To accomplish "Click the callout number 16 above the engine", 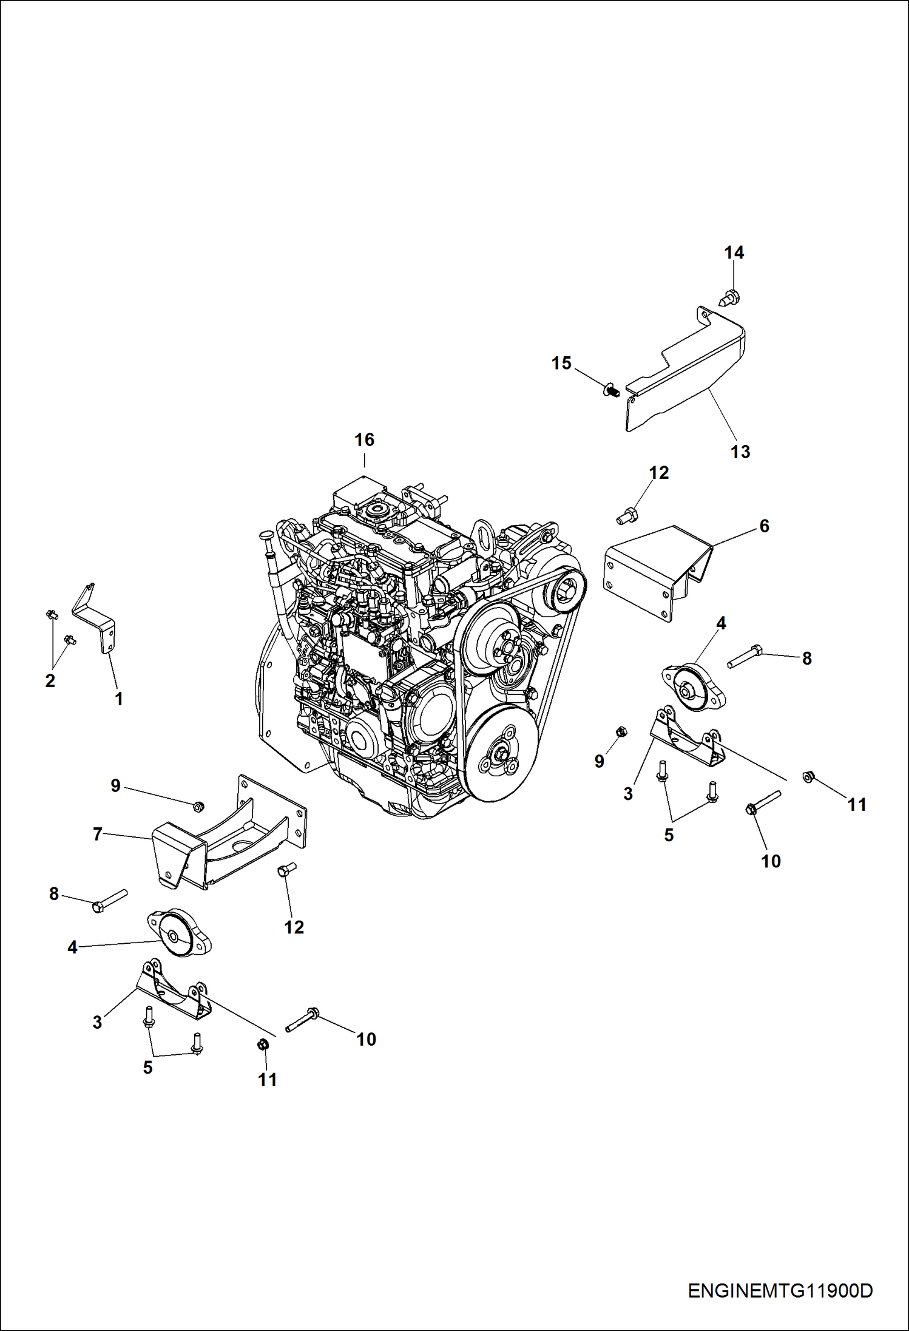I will pyautogui.click(x=364, y=439).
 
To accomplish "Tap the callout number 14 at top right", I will pyautogui.click(x=734, y=252).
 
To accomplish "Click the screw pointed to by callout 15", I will pyautogui.click(x=611, y=388).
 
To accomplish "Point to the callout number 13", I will pyautogui.click(x=740, y=452).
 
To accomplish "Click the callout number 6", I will pyautogui.click(x=764, y=526).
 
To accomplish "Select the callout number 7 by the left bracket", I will pyautogui.click(x=97, y=835).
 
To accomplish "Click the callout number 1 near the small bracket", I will pyautogui.click(x=119, y=699).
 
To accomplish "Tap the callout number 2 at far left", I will pyautogui.click(x=50, y=680).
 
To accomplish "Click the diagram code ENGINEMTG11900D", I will pyautogui.click(x=780, y=1290).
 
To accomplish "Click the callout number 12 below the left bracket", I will pyautogui.click(x=294, y=927).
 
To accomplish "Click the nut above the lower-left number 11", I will pyautogui.click(x=263, y=1045).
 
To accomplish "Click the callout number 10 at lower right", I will pyautogui.click(x=771, y=861).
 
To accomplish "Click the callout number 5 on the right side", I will pyautogui.click(x=669, y=835).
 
